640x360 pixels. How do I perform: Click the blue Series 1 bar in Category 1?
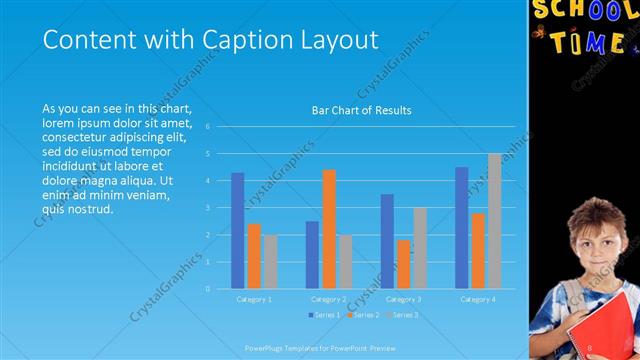[237, 230]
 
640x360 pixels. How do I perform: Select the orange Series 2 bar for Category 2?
[328, 229]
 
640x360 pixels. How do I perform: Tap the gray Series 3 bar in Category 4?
[494, 221]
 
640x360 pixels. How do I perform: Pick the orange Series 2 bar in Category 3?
[403, 264]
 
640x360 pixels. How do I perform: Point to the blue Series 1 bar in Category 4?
[461, 227]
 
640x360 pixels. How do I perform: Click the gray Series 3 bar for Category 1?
[270, 262]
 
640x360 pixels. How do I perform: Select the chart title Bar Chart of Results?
[362, 110]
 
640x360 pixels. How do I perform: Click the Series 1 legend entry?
[325, 315]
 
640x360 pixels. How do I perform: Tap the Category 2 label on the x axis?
[328, 299]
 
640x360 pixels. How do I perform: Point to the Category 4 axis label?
[478, 299]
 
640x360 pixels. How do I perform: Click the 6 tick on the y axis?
[207, 127]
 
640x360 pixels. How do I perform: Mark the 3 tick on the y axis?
[207, 208]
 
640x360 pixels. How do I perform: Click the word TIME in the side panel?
[590, 42]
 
